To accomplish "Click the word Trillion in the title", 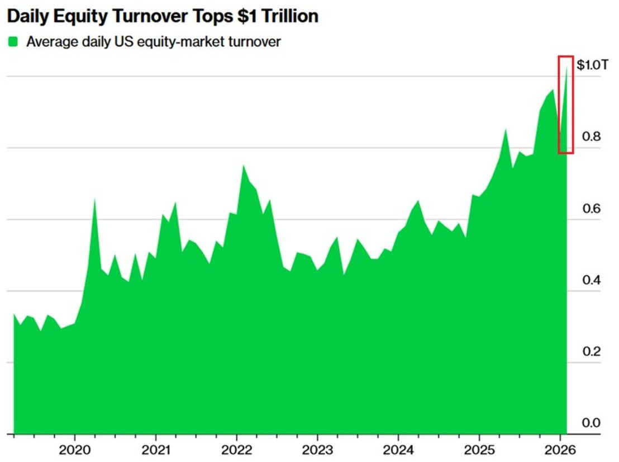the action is (x=289, y=16).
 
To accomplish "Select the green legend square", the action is (x=13, y=41).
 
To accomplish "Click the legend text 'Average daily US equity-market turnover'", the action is (x=154, y=42).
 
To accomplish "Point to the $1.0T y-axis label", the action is (x=592, y=64).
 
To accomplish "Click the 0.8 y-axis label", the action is (x=592, y=136).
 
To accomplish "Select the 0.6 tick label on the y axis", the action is (x=592, y=208).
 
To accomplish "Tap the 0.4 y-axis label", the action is (x=592, y=280).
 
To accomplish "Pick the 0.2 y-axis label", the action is (x=592, y=351).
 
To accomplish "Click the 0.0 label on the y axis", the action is (x=592, y=422).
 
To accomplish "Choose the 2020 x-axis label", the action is (x=75, y=450).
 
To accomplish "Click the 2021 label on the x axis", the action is (x=155, y=450).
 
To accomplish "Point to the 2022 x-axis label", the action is (x=236, y=450).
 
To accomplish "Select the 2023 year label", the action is (x=317, y=450).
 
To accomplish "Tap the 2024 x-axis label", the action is (x=398, y=450).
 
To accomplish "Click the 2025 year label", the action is (x=479, y=450).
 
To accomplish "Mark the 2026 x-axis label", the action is (x=560, y=450).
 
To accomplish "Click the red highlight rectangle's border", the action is (x=559, y=105).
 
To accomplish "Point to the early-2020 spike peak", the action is (x=95, y=199).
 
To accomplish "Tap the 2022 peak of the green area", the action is (x=243, y=165).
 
